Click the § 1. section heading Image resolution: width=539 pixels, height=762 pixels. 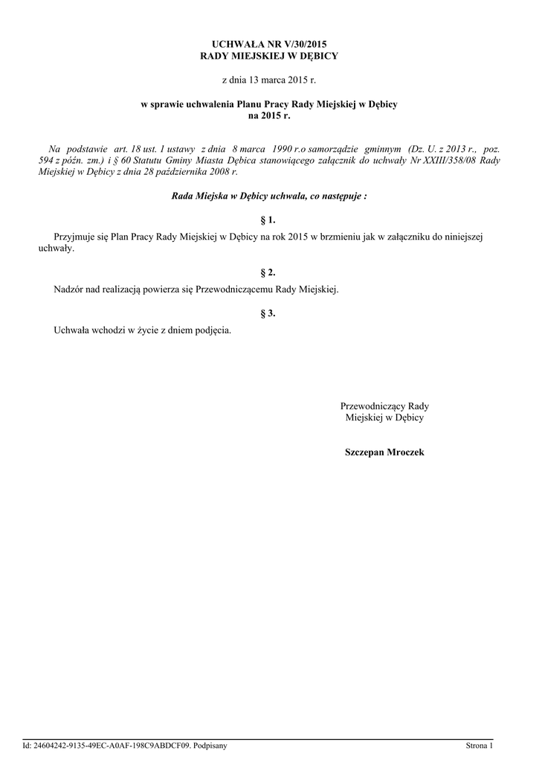point(269,220)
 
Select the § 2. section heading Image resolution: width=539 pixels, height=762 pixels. point(269,273)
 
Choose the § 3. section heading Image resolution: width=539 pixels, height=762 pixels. point(269,314)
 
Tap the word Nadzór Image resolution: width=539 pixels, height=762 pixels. point(70,289)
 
